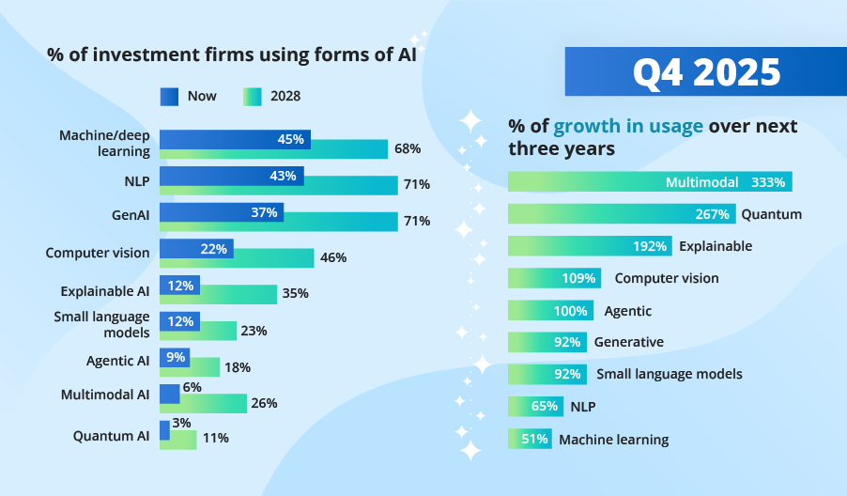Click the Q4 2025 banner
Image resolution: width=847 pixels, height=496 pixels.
pyautogui.click(x=705, y=71)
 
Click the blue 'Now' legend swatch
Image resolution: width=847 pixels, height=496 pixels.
pyautogui.click(x=169, y=96)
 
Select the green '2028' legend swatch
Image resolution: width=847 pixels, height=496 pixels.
pyautogui.click(x=252, y=96)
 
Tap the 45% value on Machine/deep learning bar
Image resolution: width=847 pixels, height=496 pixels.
pyautogui.click(x=291, y=139)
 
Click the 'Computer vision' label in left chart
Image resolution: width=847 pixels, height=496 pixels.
pyautogui.click(x=98, y=253)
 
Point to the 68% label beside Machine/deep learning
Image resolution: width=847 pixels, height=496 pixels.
pyautogui.click(x=408, y=148)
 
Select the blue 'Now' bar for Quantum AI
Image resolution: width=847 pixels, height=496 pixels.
pyautogui.click(x=164, y=430)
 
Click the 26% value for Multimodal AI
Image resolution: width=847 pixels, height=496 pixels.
pyautogui.click(x=264, y=403)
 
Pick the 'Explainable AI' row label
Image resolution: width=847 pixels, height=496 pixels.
pyautogui.click(x=104, y=291)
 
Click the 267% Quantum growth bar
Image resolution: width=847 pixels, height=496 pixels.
pyautogui.click(x=621, y=214)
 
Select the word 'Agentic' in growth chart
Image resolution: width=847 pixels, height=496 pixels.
pyautogui.click(x=628, y=311)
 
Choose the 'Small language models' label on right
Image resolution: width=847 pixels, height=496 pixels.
pyautogui.click(x=669, y=374)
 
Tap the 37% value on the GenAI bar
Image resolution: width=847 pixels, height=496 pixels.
pyautogui.click(x=264, y=212)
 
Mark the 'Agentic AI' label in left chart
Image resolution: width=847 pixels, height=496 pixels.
pyautogui.click(x=117, y=361)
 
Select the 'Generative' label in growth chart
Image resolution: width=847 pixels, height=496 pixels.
pyautogui.click(x=628, y=342)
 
